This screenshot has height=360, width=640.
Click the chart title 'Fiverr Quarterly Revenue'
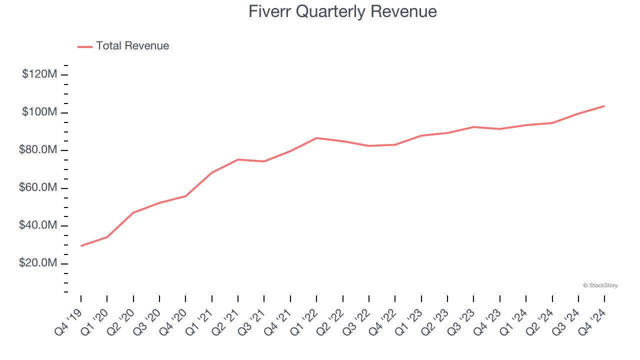[342, 11]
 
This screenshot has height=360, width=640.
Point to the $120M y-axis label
[39, 74]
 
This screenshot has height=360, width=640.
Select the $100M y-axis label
[39, 112]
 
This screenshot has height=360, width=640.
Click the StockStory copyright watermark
[600, 285]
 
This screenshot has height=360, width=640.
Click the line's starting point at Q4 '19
[81, 245]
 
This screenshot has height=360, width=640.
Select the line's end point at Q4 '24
[604, 106]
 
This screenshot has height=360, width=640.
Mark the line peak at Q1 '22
[316, 138]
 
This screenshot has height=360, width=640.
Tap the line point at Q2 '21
[238, 159]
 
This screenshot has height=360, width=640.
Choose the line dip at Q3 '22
[369, 146]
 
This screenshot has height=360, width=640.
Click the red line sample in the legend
[85, 46]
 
